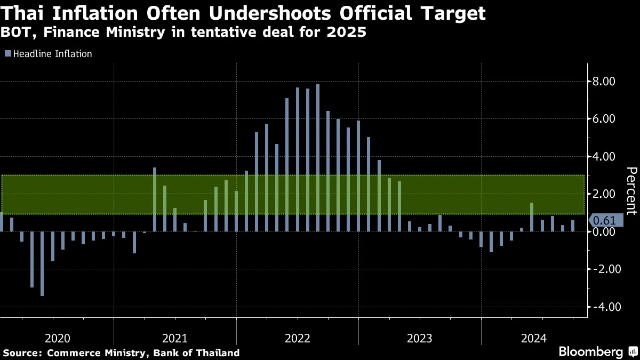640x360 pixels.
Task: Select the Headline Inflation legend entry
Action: [x=49, y=53]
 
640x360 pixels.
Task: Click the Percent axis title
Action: [x=631, y=191]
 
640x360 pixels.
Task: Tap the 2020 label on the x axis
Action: [x=57, y=338]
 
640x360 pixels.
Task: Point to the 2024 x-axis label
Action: [x=533, y=338]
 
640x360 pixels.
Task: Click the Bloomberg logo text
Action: [x=590, y=352]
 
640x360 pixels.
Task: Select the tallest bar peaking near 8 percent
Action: [x=318, y=157]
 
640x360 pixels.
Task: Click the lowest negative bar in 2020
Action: [x=42, y=263]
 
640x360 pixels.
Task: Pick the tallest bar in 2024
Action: [x=532, y=217]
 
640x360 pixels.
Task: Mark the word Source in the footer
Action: [x=22, y=353]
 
